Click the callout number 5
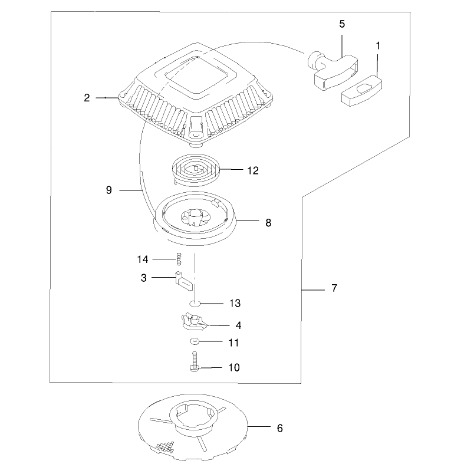pos(342,24)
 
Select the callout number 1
pos(378,46)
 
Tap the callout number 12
pos(253,170)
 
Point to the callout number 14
pos(142,259)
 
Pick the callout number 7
pos(334,288)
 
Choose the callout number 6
pos(279,428)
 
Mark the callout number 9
pos(109,190)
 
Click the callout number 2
pos(87,98)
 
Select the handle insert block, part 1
pos(361,91)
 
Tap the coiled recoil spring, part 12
pos(196,170)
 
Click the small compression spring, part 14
pos(179,259)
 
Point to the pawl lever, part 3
pos(183,281)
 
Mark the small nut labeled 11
pos(194,341)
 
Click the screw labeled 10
pos(194,361)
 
